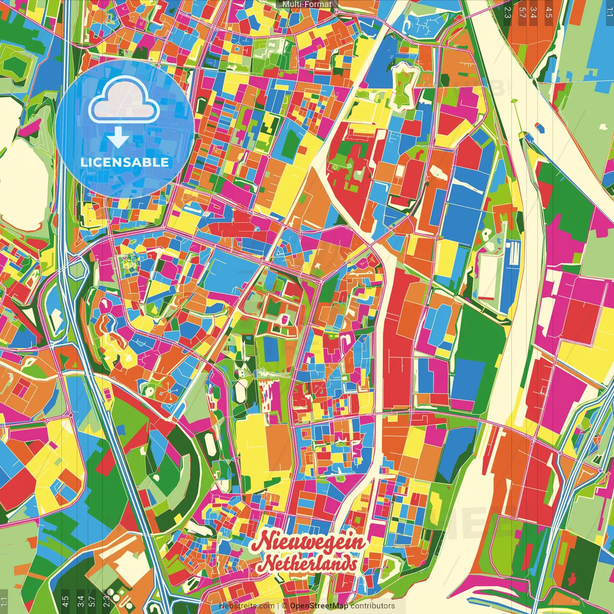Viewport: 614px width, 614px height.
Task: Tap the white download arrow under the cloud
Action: [x=118, y=139]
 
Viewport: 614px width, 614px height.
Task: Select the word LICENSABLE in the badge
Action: [x=125, y=162]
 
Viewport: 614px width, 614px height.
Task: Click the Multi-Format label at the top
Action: [x=307, y=4]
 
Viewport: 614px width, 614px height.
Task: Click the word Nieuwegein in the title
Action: [x=309, y=543]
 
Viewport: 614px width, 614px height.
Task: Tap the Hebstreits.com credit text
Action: [x=247, y=606]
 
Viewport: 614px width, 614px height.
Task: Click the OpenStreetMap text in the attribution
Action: [x=319, y=606]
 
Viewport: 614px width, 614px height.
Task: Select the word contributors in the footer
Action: [x=373, y=606]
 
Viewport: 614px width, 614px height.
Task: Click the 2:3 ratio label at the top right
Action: [x=508, y=12]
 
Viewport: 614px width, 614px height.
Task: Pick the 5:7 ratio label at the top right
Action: [x=522, y=12]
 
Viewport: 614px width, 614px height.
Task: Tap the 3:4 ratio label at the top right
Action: [x=533, y=12]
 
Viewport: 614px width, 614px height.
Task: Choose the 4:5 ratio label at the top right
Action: [x=549, y=12]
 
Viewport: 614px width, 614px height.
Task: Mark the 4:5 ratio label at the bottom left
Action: [x=65, y=601]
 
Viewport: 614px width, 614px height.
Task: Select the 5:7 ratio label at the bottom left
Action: [x=92, y=601]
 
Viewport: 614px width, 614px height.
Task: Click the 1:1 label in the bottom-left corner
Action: [x=4, y=601]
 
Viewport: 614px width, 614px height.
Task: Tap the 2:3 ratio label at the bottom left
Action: [x=106, y=601]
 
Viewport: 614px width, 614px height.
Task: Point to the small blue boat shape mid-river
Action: [x=539, y=127]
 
